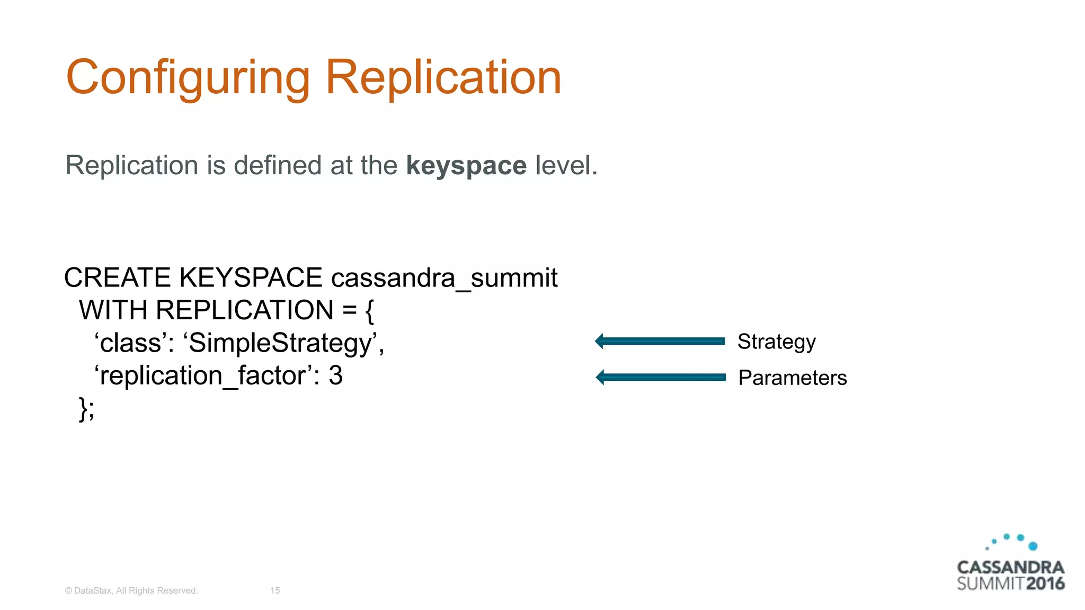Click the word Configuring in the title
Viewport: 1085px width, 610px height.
tap(188, 78)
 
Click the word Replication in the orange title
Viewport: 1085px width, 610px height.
tap(443, 78)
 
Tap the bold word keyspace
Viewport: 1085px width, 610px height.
tap(466, 166)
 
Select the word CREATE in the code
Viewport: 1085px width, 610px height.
tap(117, 278)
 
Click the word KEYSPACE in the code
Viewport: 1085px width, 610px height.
tap(251, 278)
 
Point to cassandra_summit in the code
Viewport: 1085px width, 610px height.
tap(444, 278)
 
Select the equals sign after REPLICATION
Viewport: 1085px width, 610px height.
tap(349, 310)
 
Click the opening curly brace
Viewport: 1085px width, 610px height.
tap(370, 310)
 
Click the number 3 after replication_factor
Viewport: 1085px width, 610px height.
tap(335, 376)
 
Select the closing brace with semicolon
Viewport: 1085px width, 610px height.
tap(86, 409)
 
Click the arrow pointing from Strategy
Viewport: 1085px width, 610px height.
tap(660, 341)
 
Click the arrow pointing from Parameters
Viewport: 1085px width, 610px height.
tap(660, 377)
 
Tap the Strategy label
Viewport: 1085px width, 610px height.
tap(776, 342)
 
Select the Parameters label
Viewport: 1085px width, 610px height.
tap(792, 378)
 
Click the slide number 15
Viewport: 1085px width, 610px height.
tap(275, 590)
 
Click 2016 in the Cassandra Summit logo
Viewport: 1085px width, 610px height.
tap(1045, 584)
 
